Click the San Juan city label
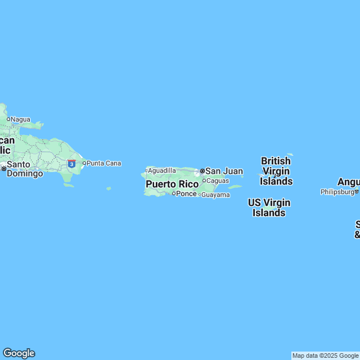(224, 171)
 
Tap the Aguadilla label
(162, 170)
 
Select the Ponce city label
(187, 194)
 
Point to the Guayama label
(217, 195)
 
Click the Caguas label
(218, 181)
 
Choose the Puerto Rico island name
(172, 184)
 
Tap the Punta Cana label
(104, 163)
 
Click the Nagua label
(21, 119)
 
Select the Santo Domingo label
(25, 169)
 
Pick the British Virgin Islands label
(276, 171)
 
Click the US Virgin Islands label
(269, 207)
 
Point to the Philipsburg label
(337, 192)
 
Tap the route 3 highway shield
(71, 163)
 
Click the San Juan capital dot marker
(202, 171)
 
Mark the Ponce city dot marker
(174, 194)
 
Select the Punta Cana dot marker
(84, 163)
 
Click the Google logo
(19, 353)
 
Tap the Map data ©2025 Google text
(326, 355)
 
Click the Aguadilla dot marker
(146, 170)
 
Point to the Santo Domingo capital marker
(3, 168)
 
